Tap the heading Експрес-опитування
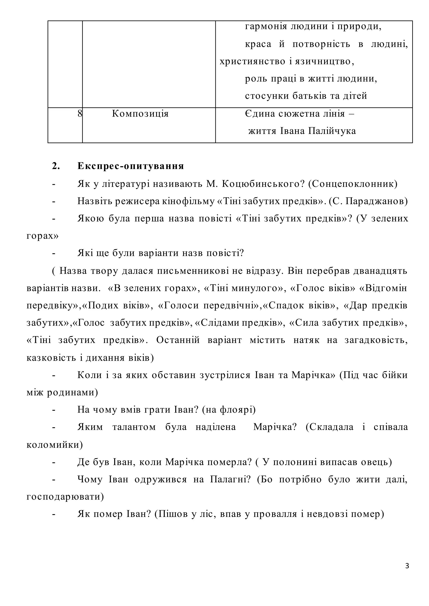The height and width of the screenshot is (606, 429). (x=131, y=166)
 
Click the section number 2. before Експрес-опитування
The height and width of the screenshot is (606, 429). (x=56, y=166)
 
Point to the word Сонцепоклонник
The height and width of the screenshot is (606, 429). (x=353, y=184)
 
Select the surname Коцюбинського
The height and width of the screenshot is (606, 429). (x=261, y=184)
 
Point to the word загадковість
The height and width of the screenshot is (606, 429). (x=376, y=340)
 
